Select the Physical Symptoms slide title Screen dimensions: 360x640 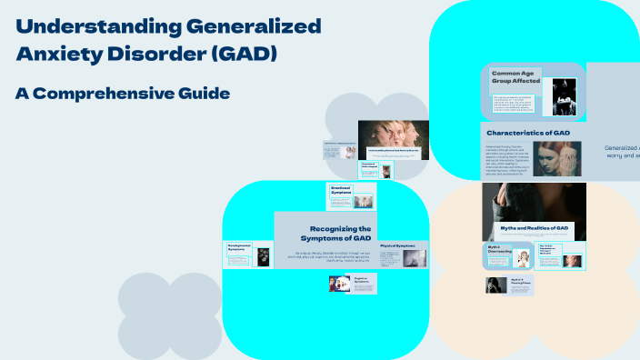[x=397, y=246]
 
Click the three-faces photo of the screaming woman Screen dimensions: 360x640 [x=394, y=139]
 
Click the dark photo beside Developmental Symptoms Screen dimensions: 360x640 [x=264, y=257]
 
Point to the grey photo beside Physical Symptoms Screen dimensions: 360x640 [x=414, y=258]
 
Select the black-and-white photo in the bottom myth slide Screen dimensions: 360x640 [x=496, y=285]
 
